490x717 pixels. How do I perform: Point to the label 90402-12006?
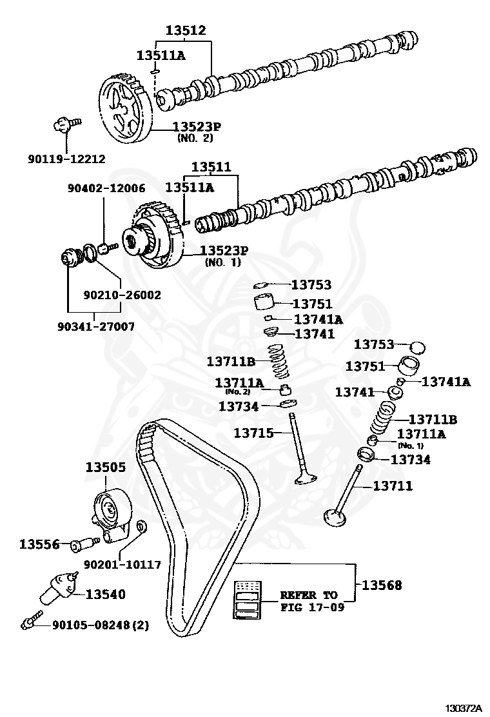(106, 188)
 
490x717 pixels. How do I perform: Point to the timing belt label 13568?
(381, 585)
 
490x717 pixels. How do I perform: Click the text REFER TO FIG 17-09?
(308, 601)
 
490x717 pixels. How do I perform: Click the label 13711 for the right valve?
(393, 486)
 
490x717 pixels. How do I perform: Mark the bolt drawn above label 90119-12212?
(64, 124)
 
